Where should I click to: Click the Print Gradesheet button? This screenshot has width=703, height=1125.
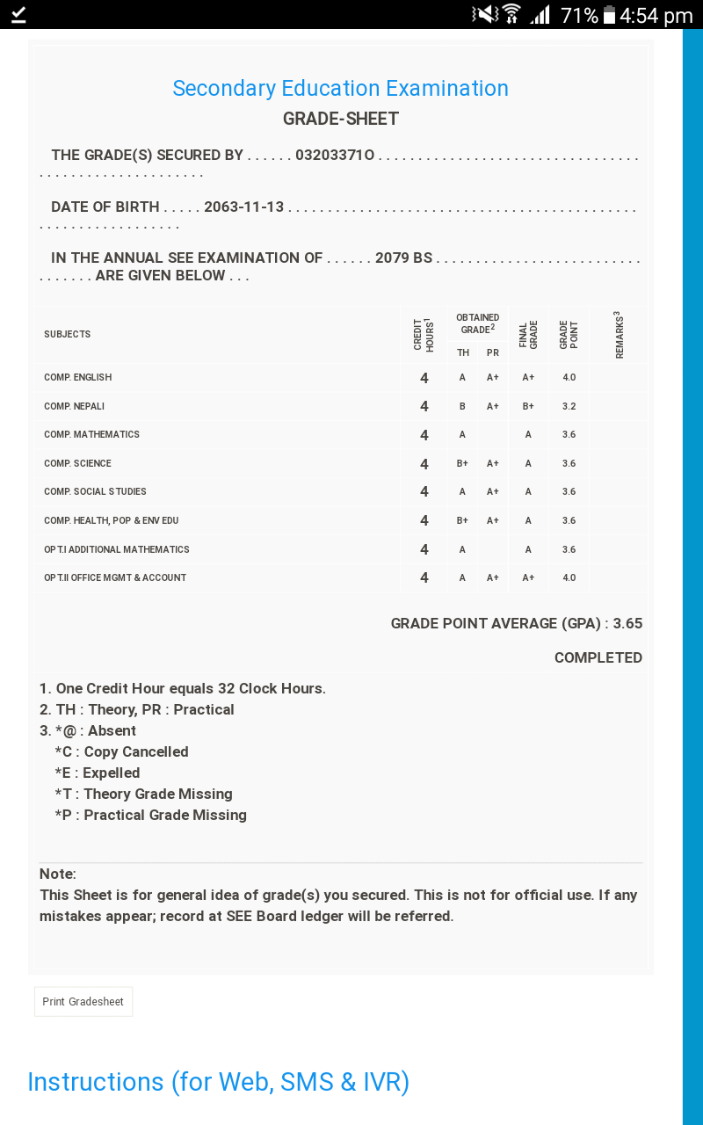(83, 1002)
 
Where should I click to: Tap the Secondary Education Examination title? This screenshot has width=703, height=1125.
(340, 89)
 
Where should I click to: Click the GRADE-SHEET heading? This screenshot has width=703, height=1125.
(341, 119)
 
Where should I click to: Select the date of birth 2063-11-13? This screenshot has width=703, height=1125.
(244, 207)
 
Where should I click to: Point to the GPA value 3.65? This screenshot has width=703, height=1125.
(627, 624)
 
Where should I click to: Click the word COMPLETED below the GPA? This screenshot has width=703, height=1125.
(598, 657)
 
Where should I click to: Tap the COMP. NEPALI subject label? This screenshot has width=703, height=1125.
(75, 406)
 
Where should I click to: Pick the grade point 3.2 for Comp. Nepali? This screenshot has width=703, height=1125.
(569, 406)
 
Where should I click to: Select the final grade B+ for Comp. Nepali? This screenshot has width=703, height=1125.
(528, 406)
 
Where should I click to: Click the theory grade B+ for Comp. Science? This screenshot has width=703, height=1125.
(462, 463)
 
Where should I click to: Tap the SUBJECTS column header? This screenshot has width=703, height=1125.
(68, 334)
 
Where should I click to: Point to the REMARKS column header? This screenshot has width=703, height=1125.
(619, 334)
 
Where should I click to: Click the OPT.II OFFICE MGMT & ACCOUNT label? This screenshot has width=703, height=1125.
(115, 577)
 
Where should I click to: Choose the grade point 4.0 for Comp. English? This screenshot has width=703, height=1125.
(569, 377)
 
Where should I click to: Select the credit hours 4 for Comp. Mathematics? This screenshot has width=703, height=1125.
(424, 435)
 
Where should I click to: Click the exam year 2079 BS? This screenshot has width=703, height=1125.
(403, 258)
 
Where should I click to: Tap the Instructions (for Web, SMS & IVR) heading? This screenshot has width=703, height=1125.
(219, 1082)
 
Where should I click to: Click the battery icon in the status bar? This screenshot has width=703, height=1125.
(609, 16)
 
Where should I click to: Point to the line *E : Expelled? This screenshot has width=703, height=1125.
(98, 773)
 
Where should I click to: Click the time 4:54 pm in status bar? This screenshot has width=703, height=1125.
(656, 16)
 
